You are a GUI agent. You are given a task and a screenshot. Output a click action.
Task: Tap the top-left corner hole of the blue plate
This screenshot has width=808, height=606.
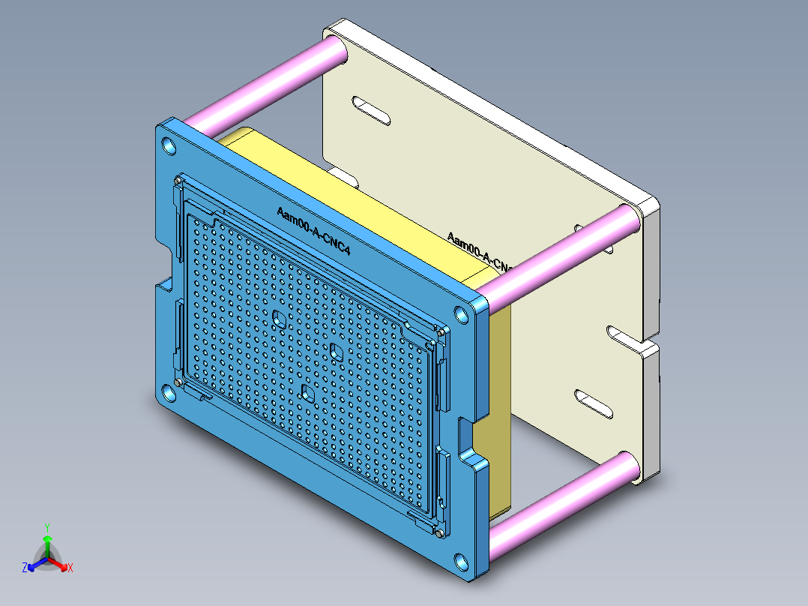(x=169, y=145)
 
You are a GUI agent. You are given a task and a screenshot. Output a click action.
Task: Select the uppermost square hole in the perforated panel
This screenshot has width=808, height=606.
(x=279, y=318)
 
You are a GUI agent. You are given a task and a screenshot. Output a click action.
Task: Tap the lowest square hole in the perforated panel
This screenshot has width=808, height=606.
(x=307, y=391)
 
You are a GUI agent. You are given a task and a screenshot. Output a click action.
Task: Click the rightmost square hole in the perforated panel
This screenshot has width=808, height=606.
(x=335, y=351)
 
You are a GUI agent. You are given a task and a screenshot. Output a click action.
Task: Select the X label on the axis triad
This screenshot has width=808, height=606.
(x=70, y=568)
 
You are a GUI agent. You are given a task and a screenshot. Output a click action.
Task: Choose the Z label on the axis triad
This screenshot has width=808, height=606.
(x=25, y=568)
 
